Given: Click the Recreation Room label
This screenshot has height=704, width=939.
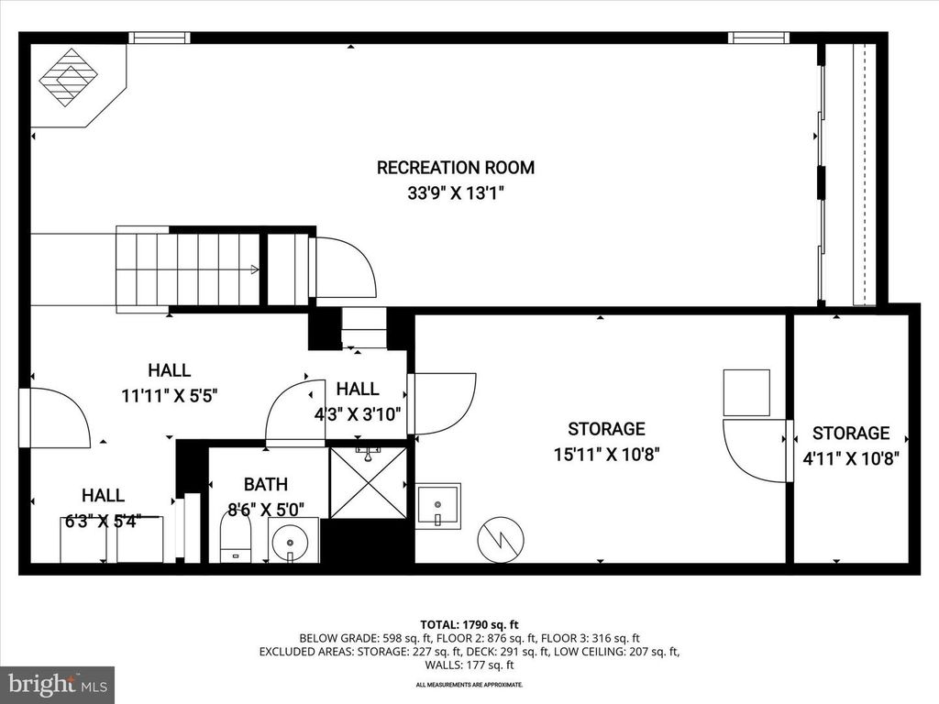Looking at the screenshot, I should coord(456,168).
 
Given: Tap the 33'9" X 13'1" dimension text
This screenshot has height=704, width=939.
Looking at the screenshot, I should coord(456,193).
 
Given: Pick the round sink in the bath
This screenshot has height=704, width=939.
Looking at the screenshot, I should coord(293,540).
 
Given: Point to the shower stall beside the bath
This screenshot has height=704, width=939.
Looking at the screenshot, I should coord(367,481).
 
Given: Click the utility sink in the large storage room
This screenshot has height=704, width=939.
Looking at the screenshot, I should coord(437,505).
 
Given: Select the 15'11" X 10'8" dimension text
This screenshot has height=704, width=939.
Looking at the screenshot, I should coord(606,453).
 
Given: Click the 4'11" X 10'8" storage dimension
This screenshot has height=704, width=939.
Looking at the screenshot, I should coord(850,457).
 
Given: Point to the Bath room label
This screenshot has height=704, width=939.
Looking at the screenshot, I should coord(265,484).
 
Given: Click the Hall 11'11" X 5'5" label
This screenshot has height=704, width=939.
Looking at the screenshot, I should coord(170,370).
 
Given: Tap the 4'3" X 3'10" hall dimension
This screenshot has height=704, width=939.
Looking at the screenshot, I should coord(357,413).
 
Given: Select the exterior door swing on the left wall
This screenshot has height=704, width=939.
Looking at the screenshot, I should coord(57,418).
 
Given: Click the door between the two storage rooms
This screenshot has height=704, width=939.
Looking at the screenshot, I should coord(757,450).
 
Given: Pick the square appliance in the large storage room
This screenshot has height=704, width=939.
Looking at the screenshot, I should coord(746,392).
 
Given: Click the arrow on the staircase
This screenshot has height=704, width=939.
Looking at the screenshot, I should coord(253,269).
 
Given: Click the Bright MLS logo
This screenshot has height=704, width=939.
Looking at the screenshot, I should coord(57,684).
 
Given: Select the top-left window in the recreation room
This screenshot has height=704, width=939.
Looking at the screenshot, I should coord(159,38).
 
